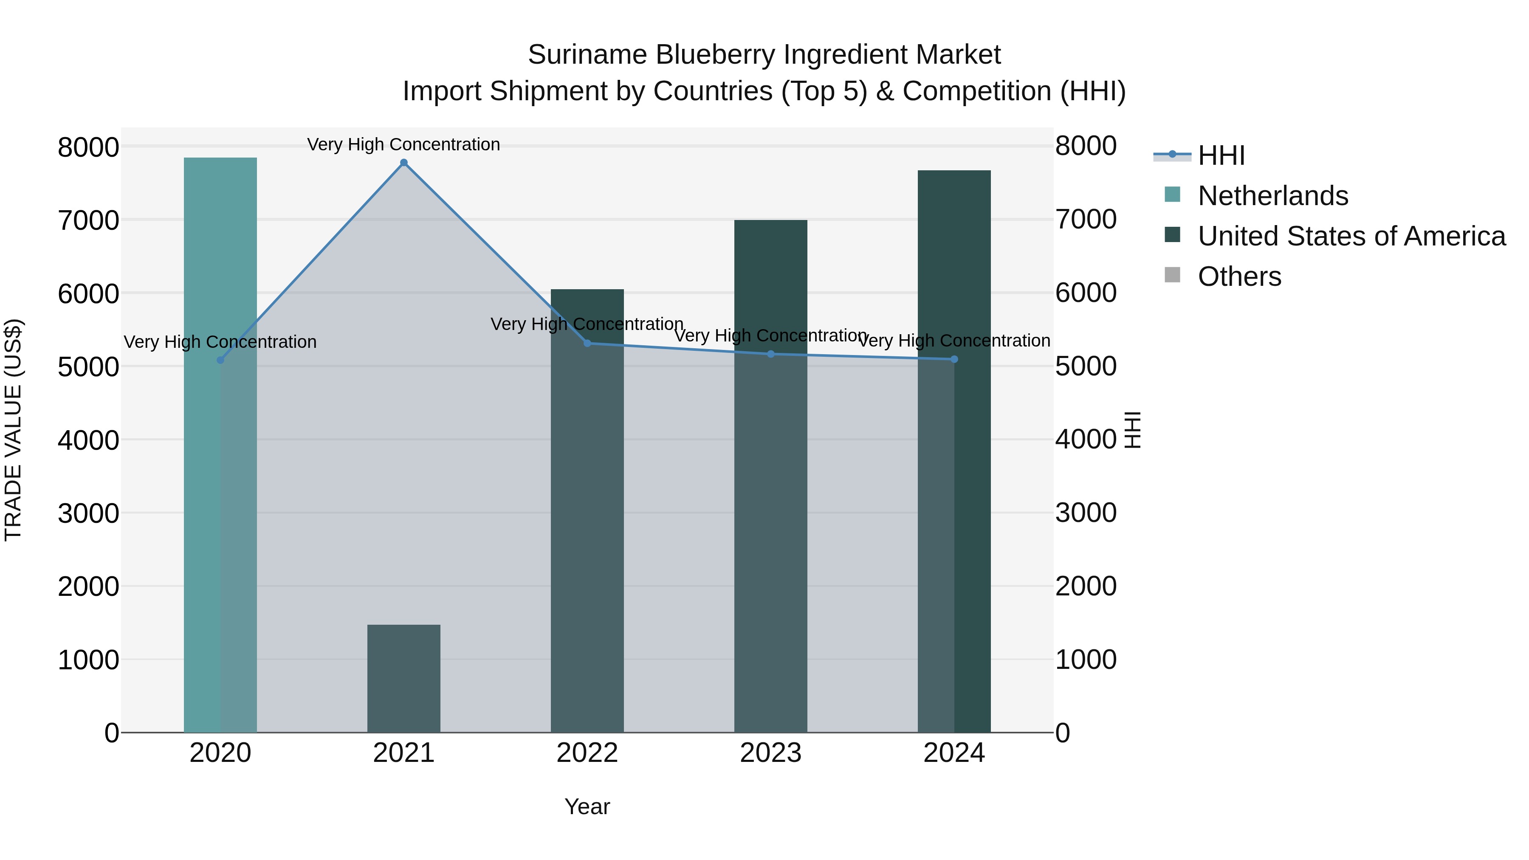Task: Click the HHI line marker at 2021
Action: pyautogui.click(x=403, y=163)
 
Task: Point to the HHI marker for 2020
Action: pyautogui.click(x=220, y=360)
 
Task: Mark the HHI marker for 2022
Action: pyautogui.click(x=587, y=343)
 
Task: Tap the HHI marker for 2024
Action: pyautogui.click(x=954, y=359)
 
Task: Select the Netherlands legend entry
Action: pyautogui.click(x=1272, y=196)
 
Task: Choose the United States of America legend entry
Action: pyautogui.click(x=1351, y=236)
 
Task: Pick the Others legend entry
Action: pyautogui.click(x=1239, y=276)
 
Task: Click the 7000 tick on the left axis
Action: pyautogui.click(x=88, y=220)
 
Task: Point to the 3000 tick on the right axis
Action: pyautogui.click(x=1086, y=513)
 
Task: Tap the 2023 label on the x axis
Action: pyautogui.click(x=770, y=753)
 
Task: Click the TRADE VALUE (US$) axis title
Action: pyautogui.click(x=13, y=430)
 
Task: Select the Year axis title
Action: pyautogui.click(x=587, y=806)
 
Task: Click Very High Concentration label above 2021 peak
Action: pyautogui.click(x=403, y=144)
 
